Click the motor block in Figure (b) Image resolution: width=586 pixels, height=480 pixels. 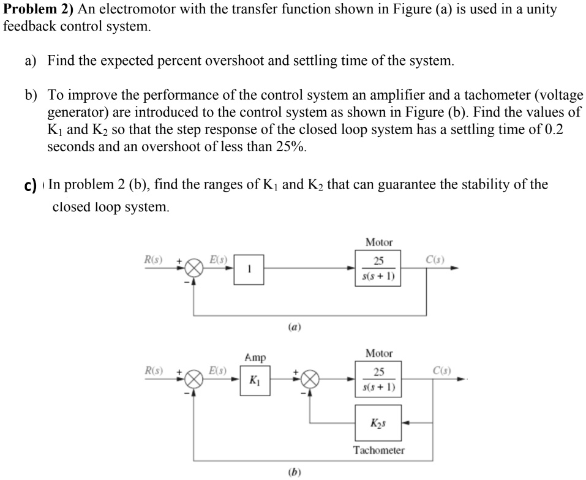(378, 380)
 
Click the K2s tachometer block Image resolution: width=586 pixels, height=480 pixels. (378, 422)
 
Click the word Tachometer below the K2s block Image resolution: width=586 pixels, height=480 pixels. (378, 451)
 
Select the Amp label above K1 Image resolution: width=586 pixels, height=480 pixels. (255, 357)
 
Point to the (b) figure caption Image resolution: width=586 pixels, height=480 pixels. (293, 471)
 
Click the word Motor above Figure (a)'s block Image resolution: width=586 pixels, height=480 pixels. (378, 242)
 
